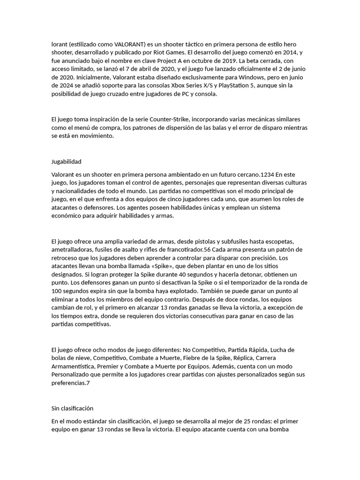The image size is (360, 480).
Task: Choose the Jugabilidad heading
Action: click(x=66, y=162)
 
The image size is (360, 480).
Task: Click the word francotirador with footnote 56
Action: click(x=184, y=249)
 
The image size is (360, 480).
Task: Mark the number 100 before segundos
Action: click(x=56, y=292)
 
